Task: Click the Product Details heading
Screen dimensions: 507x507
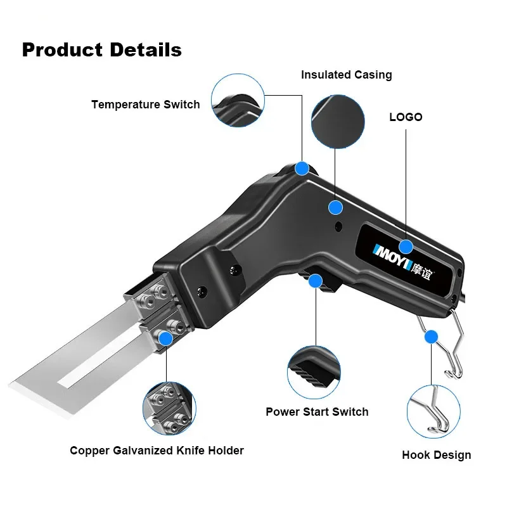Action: pyautogui.click(x=101, y=49)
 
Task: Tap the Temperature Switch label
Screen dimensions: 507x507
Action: pyautogui.click(x=145, y=105)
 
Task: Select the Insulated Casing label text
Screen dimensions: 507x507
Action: pyautogui.click(x=346, y=75)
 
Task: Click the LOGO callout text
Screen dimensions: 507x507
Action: pyautogui.click(x=406, y=117)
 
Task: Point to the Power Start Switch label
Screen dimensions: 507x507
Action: pyautogui.click(x=317, y=412)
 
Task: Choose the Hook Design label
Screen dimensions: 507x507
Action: pyautogui.click(x=437, y=455)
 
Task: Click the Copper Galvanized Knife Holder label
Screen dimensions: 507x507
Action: pyautogui.click(x=157, y=451)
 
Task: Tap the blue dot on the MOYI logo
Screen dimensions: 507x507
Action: pyautogui.click(x=406, y=247)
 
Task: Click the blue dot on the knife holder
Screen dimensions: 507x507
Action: pyautogui.click(x=166, y=338)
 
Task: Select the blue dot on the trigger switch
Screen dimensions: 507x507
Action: pyautogui.click(x=315, y=281)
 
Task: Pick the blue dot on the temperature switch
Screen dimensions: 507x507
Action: pyautogui.click(x=302, y=169)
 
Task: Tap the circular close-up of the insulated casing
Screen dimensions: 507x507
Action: pyautogui.click(x=339, y=122)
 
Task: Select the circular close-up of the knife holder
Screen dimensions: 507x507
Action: pyautogui.click(x=169, y=406)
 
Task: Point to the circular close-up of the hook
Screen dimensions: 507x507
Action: pyautogui.click(x=432, y=412)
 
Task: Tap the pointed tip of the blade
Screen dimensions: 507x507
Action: pyautogui.click(x=11, y=385)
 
